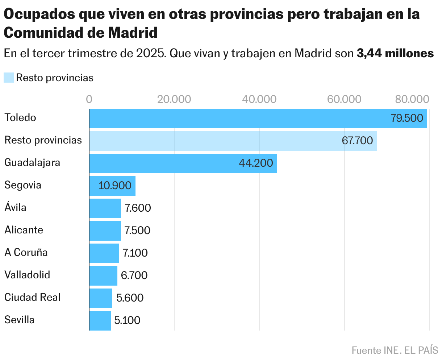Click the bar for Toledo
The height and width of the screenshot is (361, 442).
pos(258,118)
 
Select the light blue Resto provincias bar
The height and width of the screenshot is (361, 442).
pos(233,141)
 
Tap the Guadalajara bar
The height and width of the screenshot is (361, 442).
pos(183,163)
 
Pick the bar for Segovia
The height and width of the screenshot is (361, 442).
pos(112,186)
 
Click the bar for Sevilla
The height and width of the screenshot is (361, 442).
pos(100,320)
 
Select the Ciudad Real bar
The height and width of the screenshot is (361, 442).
pos(101,298)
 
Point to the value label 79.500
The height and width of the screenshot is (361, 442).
pos(407,118)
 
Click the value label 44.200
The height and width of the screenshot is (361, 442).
pos(256,163)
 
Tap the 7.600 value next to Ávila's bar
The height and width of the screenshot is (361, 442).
pos(138,208)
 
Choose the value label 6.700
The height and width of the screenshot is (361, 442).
pos(134,275)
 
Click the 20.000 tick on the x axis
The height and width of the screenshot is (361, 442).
pos(174,99)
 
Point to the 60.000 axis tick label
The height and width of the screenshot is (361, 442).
pos(344,99)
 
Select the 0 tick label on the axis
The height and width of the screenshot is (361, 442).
pos(89,99)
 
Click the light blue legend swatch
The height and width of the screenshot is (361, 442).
pos(8,78)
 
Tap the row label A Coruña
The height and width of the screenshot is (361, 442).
pos(26,252)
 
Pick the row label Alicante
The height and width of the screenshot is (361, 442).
pos(24,230)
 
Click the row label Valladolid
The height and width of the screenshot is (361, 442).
pos(27,275)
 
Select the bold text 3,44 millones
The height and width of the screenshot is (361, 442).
pos(395,53)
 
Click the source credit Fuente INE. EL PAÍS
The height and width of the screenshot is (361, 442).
pos(395,350)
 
